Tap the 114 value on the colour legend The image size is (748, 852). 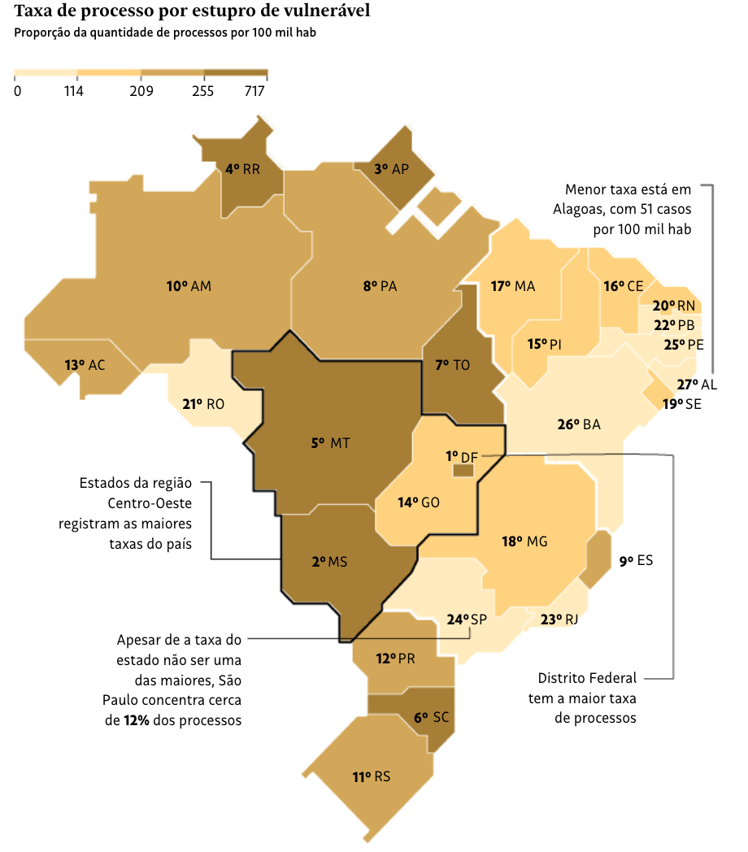coord(74,91)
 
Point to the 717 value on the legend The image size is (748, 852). coord(254,91)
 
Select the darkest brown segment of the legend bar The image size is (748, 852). coord(236,73)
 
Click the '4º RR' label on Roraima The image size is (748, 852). coord(242,169)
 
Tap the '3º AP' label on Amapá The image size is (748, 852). coord(391,169)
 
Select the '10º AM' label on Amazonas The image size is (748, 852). coord(189,286)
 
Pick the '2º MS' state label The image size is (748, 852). coord(329,562)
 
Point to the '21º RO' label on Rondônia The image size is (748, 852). coord(203,404)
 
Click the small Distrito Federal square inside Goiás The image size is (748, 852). coord(463,469)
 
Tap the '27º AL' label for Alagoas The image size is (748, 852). coord(698,385)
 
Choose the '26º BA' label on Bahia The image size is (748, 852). coord(579,424)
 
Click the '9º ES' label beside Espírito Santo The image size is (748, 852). coord(636,560)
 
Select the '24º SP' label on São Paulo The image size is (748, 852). coord(467,619)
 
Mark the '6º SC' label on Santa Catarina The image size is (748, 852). coord(431,717)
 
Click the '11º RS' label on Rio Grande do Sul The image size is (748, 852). coord(371,776)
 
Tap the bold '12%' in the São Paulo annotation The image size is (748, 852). coord(137,720)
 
